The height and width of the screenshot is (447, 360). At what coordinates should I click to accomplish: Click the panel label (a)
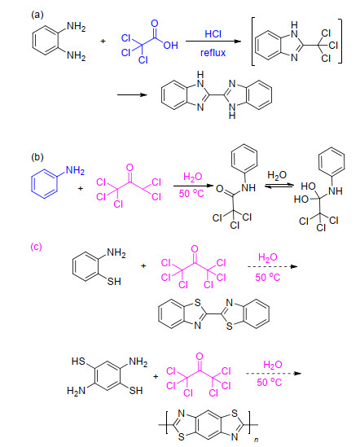(x=37, y=15)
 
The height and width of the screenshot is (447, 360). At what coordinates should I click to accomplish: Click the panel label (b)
(x=37, y=157)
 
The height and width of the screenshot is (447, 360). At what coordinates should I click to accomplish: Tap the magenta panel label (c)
(x=36, y=247)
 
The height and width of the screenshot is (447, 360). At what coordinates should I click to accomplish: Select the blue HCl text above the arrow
(x=213, y=34)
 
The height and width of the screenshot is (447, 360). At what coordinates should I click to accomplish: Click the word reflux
(x=213, y=53)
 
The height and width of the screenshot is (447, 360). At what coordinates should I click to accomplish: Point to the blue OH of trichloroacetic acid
(x=170, y=46)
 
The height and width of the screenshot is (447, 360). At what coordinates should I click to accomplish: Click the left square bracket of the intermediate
(x=253, y=42)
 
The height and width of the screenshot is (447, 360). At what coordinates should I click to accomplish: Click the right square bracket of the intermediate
(x=340, y=41)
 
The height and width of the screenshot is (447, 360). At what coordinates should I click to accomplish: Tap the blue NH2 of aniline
(x=75, y=170)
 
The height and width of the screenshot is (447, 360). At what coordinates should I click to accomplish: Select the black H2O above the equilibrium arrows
(x=277, y=175)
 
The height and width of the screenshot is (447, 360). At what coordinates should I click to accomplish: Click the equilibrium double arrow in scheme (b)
(x=279, y=186)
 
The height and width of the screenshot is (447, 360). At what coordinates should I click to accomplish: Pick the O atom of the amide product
(x=219, y=189)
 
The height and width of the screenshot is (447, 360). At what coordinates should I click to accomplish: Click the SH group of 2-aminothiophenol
(x=114, y=282)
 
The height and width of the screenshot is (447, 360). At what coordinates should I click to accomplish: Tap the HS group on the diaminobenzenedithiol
(x=78, y=362)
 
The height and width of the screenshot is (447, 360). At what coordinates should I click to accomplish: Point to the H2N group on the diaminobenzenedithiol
(x=77, y=391)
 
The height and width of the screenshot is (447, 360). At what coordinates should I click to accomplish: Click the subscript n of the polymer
(x=256, y=440)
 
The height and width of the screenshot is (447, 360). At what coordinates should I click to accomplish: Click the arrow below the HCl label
(x=213, y=42)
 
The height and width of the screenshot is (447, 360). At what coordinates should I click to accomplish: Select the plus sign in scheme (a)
(x=103, y=41)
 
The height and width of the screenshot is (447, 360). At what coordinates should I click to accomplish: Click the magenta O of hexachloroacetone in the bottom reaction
(x=200, y=357)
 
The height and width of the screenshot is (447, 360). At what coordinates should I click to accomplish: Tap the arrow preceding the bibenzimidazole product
(x=132, y=94)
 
